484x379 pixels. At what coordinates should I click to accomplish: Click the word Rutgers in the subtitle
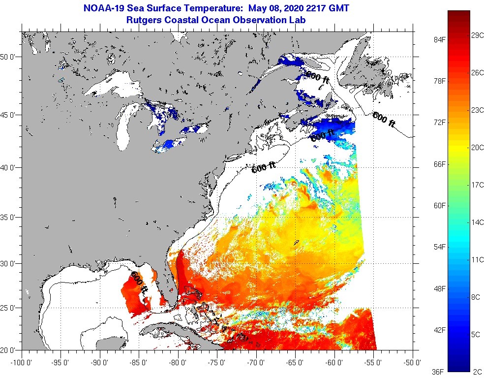[x=144, y=20]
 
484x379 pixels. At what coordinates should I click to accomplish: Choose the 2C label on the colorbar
[x=476, y=372]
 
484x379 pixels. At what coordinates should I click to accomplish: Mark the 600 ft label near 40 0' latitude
[x=264, y=168]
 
